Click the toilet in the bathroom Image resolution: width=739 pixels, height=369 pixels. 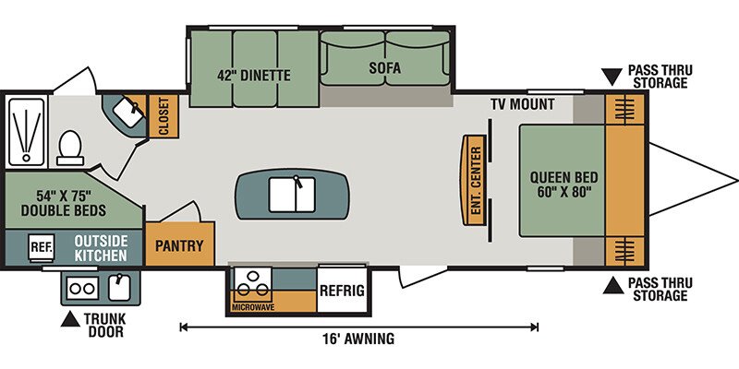pyautogui.click(x=70, y=148)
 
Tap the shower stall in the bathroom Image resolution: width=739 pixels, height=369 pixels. pyautogui.click(x=27, y=132)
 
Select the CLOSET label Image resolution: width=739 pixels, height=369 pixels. pyautogui.click(x=164, y=116)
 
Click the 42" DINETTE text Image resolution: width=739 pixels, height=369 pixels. pyautogui.click(x=254, y=76)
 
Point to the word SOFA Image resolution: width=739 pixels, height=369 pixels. pyautogui.click(x=385, y=67)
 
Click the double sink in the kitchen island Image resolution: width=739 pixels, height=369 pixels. pyautogui.click(x=292, y=194)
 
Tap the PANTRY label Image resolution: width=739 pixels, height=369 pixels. pyautogui.click(x=179, y=245)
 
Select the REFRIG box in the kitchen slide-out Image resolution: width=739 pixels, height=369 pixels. pyautogui.click(x=342, y=290)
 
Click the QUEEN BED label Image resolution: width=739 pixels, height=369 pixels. pyautogui.click(x=563, y=178)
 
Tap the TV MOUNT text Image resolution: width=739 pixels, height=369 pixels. pyautogui.click(x=522, y=104)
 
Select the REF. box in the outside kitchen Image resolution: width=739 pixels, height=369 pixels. pyautogui.click(x=42, y=245)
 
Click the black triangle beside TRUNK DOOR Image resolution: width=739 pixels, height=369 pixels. pyautogui.click(x=70, y=319)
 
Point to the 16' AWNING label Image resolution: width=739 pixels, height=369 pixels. pyautogui.click(x=358, y=339)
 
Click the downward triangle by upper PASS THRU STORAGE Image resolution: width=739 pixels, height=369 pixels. pyautogui.click(x=612, y=77)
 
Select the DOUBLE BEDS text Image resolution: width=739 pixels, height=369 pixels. pyautogui.click(x=64, y=210)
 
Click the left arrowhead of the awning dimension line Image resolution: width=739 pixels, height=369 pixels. pyautogui.click(x=183, y=327)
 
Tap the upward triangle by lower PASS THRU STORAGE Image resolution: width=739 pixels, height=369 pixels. pyautogui.click(x=613, y=285)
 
